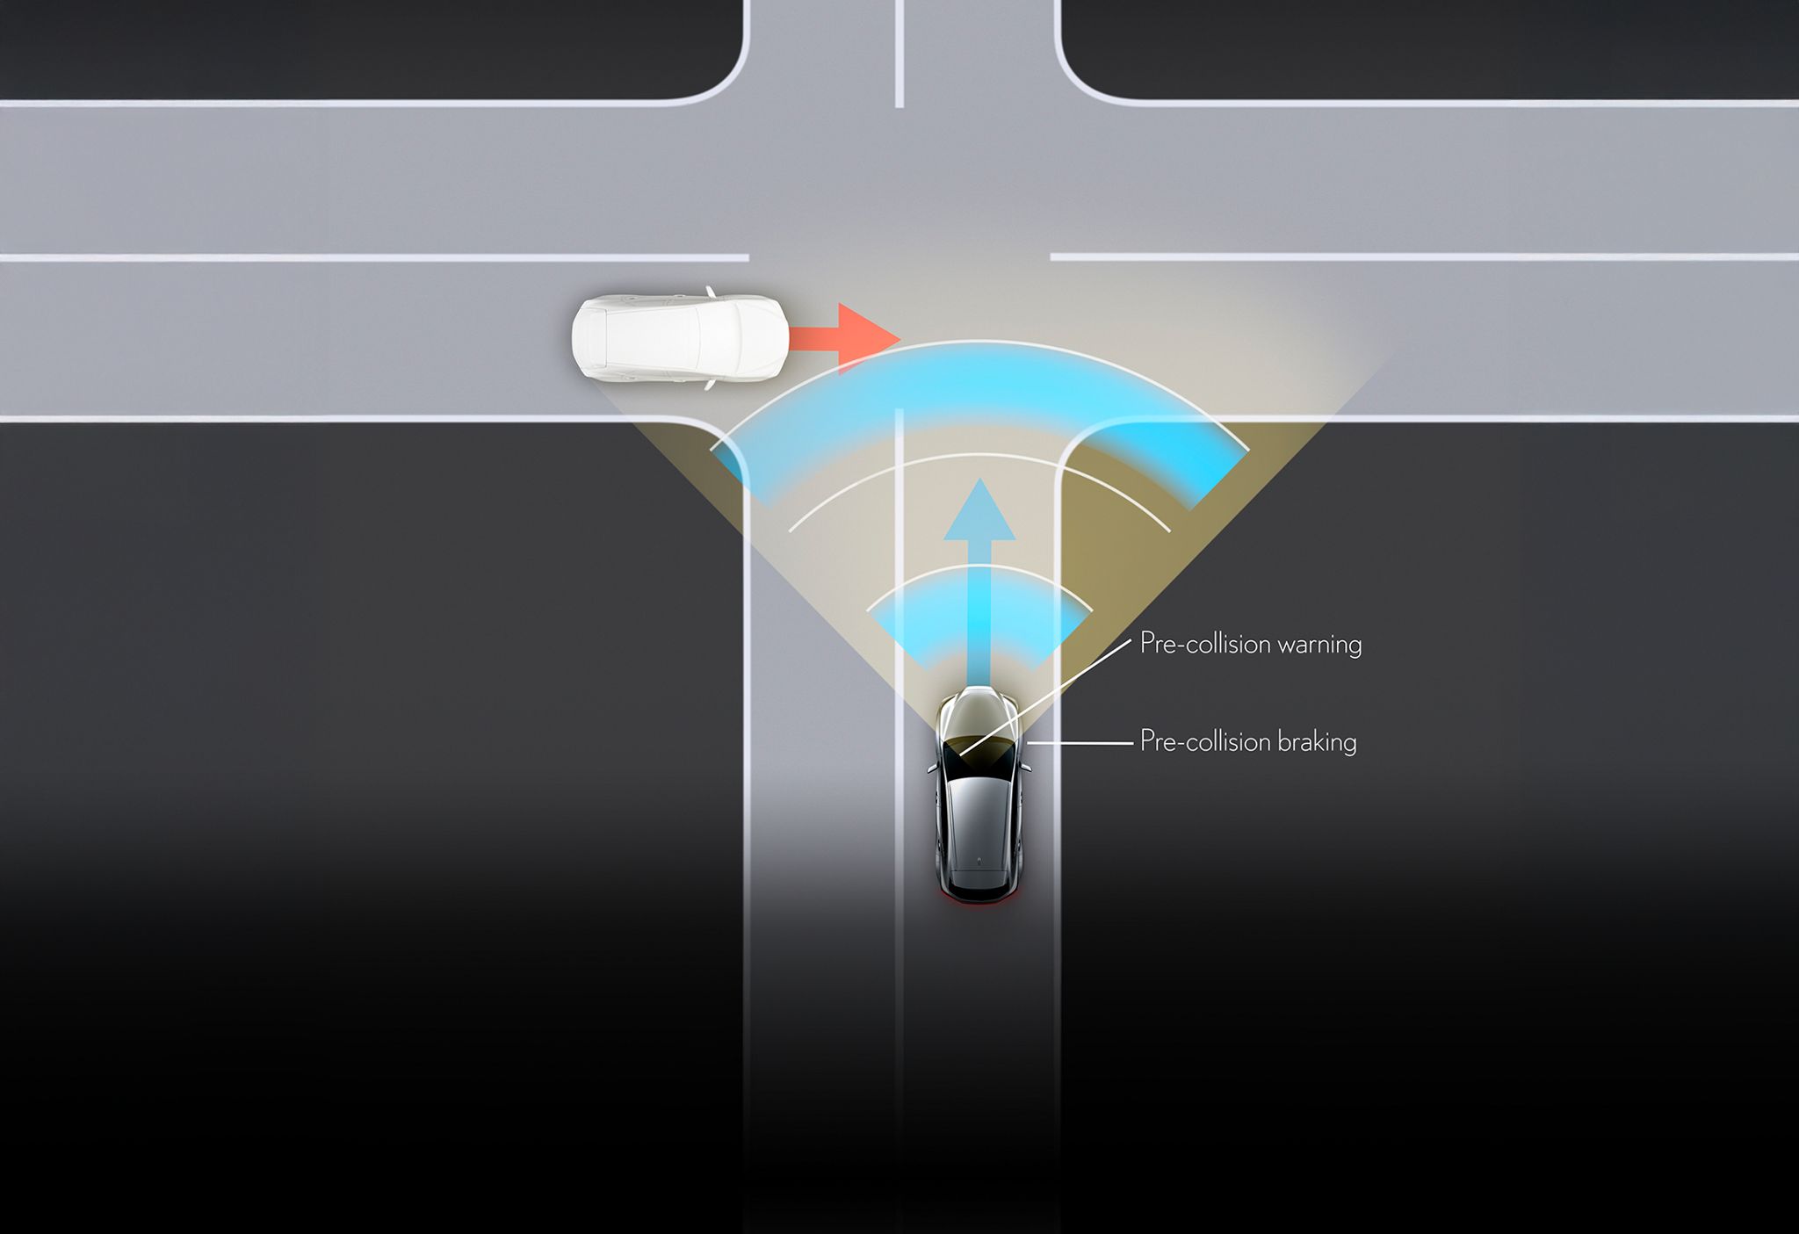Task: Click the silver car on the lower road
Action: pos(979,794)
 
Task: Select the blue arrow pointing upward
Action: pos(979,580)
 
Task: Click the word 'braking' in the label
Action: pos(1317,742)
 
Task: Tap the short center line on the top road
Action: pos(899,54)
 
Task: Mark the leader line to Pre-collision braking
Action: pos(1080,743)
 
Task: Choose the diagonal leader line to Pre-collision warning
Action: pos(1045,697)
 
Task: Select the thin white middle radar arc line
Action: pos(979,455)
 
